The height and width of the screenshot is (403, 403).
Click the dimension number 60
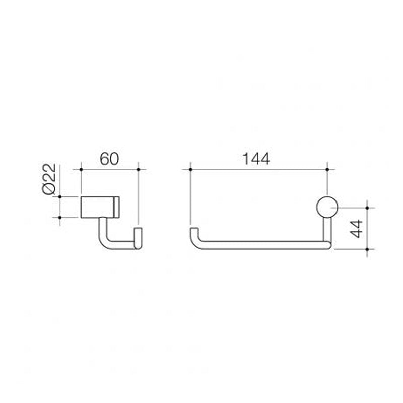point(109,159)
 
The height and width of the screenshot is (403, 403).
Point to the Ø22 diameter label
point(50,180)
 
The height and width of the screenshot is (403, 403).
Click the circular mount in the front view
point(327,207)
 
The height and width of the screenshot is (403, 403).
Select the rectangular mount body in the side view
point(99,207)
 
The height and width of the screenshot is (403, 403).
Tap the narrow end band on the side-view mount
point(118,207)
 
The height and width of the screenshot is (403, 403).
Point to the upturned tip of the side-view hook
point(138,234)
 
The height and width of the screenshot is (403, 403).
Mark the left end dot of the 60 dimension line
point(80,169)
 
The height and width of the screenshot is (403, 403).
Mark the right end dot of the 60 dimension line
point(138,169)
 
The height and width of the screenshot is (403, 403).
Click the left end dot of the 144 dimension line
point(190,169)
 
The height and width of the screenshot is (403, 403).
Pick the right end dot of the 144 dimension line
point(327,169)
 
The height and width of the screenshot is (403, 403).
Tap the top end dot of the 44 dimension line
point(369,207)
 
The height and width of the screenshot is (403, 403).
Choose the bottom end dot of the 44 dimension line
point(369,248)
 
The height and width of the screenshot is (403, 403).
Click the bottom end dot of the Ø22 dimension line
point(60,217)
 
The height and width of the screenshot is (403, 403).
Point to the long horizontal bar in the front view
point(262,245)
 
